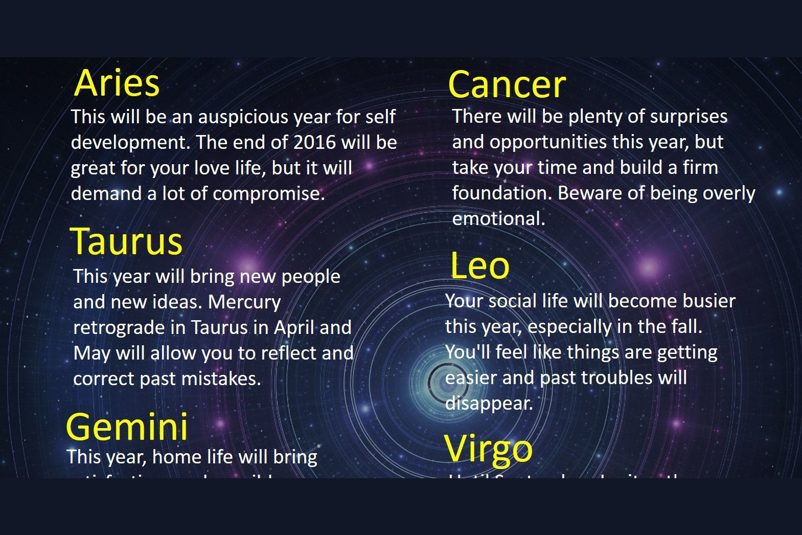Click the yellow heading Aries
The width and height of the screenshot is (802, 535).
117,83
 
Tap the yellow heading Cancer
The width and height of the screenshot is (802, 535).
507,85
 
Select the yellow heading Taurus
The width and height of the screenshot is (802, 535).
126,241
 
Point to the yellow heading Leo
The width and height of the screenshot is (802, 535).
479,266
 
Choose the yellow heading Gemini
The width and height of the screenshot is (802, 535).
127,427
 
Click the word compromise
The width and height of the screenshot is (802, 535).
268,194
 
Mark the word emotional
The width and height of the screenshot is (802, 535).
498,219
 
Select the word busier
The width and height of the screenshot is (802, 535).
707,301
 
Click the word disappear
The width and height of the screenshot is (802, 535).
489,404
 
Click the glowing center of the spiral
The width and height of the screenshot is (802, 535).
446,382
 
